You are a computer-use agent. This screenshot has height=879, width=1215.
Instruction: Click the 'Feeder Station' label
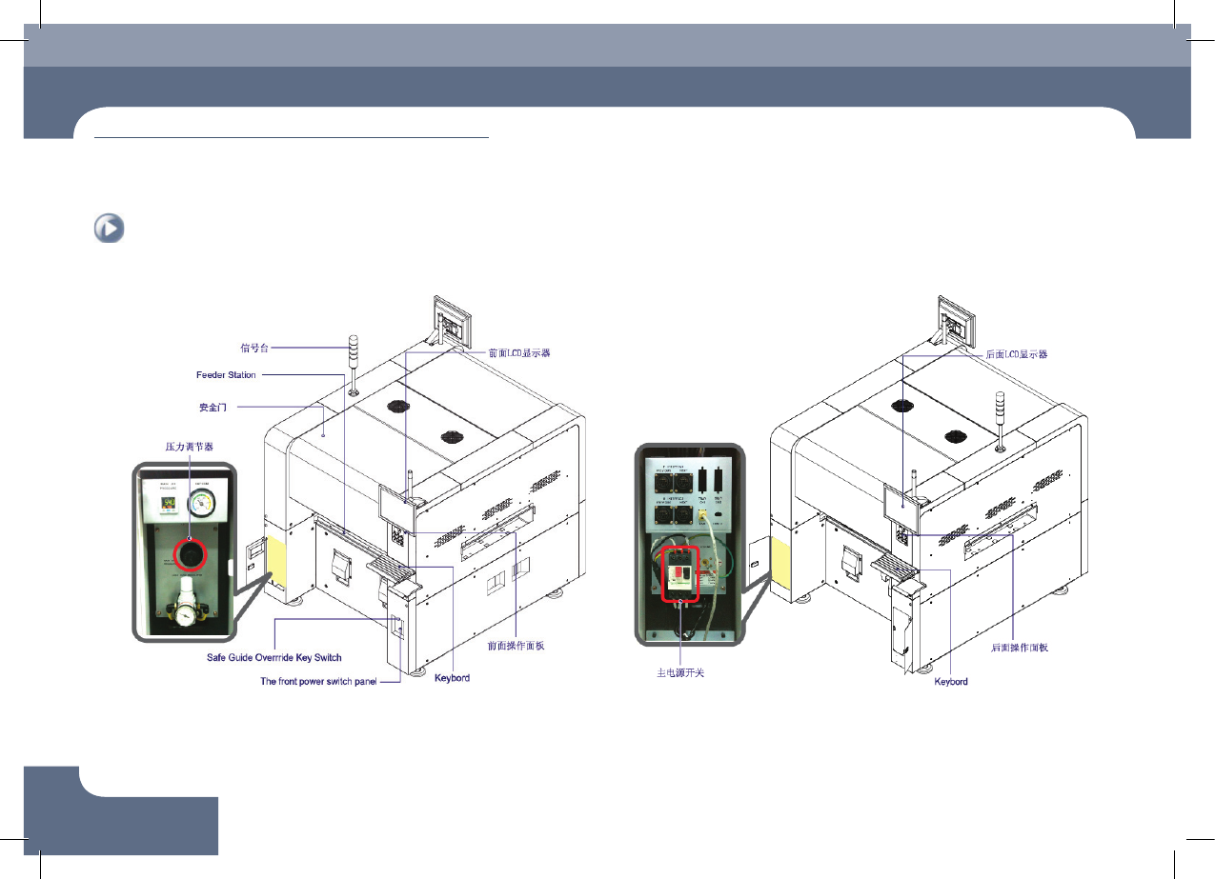point(226,375)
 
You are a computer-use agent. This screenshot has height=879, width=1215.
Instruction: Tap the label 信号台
point(215,347)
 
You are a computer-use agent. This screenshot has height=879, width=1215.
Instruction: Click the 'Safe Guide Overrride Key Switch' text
point(274,658)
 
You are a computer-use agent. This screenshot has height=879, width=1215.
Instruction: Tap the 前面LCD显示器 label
point(518,353)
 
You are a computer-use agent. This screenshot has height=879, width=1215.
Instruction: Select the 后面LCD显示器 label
point(1016,354)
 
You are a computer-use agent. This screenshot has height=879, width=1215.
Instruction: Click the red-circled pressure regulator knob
point(189,553)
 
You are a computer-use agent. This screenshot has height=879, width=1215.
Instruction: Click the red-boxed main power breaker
point(679,574)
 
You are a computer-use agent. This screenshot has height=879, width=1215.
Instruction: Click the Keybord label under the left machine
point(452,678)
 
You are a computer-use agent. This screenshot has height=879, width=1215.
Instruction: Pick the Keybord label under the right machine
point(950,682)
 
